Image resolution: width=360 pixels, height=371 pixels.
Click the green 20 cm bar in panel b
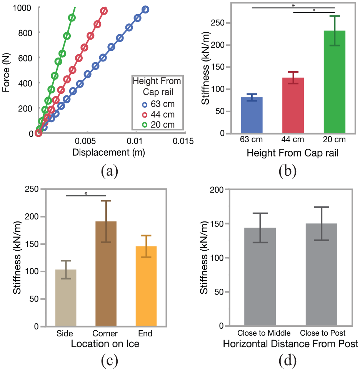[334, 82]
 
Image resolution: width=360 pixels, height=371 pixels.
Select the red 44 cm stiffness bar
[293, 105]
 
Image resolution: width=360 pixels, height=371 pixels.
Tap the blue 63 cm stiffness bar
[252, 115]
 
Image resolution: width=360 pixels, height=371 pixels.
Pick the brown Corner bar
[106, 274]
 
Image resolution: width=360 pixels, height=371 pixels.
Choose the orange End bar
[146, 286]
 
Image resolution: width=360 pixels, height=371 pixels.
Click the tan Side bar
[66, 298]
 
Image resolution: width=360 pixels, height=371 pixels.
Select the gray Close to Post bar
[322, 275]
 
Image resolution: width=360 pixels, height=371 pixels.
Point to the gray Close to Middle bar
[260, 276]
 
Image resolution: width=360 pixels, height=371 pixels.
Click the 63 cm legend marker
[145, 105]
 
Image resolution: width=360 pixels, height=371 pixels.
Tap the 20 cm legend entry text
[163, 125]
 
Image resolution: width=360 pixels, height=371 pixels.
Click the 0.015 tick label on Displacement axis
[183, 141]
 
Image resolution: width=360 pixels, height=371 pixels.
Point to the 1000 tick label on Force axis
[22, 8]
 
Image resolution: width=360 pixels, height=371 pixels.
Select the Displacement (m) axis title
[108, 153]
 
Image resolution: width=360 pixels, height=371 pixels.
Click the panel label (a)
[109, 171]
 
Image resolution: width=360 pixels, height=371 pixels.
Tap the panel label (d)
[288, 360]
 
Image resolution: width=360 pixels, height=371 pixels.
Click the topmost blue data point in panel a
[145, 10]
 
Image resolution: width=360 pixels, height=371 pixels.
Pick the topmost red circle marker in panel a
[104, 11]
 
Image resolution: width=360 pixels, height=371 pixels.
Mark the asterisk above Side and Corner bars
[86, 193]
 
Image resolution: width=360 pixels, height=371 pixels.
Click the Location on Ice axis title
[105, 344]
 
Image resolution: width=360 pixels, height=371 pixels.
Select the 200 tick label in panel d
[217, 190]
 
